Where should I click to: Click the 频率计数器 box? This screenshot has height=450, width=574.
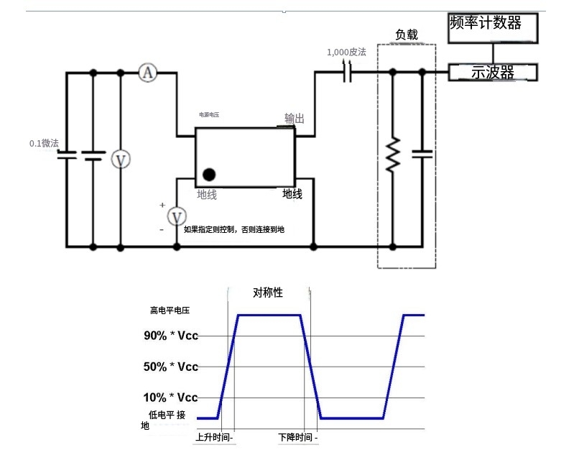click(x=493, y=24)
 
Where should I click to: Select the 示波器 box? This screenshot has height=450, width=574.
click(x=493, y=72)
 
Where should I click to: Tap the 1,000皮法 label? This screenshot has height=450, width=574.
click(x=346, y=52)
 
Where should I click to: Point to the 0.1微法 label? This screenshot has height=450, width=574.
click(x=44, y=143)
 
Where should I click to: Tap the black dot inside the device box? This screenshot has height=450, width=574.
click(x=209, y=174)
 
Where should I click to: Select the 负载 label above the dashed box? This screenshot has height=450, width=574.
click(x=407, y=35)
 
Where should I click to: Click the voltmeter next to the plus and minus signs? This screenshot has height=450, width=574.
click(x=177, y=216)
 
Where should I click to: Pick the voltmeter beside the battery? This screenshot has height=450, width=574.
click(x=121, y=160)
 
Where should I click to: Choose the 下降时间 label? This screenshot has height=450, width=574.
click(x=297, y=437)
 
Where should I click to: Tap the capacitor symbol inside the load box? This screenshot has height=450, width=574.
click(x=422, y=153)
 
